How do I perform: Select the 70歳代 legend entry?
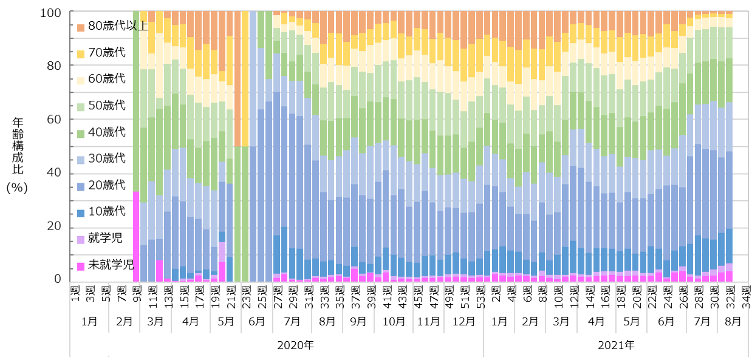click(106, 52)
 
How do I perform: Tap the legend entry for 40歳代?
click(106, 132)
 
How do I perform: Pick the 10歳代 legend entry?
click(106, 211)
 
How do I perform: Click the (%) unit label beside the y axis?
click(17, 188)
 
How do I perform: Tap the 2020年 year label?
click(295, 346)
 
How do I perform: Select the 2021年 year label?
click(617, 346)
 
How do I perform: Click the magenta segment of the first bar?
click(136, 237)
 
